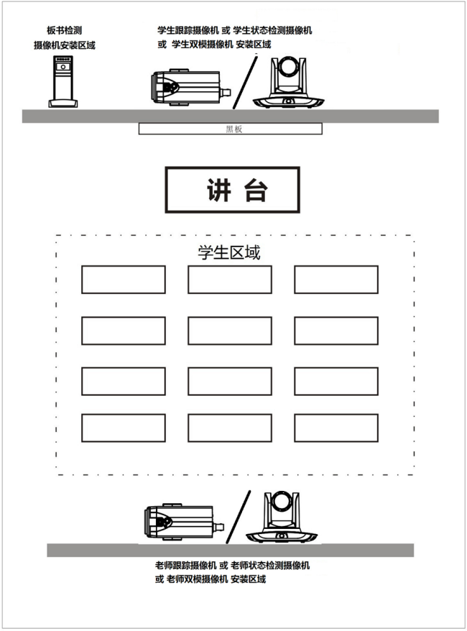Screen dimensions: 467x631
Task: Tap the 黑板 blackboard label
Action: coord(233,129)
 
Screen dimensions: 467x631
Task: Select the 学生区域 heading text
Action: coord(229,252)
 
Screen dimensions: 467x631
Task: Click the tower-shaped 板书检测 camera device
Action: coord(63,82)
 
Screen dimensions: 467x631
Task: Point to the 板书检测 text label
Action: coord(65,30)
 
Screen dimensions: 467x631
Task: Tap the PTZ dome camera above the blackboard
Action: coord(288,83)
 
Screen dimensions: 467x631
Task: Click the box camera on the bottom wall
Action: coord(184,522)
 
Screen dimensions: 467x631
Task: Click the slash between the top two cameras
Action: coord(245,83)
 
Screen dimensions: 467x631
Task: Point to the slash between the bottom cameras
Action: coord(238,517)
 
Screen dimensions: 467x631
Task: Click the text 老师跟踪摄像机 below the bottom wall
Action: coord(186,566)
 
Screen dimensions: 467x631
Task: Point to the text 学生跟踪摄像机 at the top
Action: coord(188,30)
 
